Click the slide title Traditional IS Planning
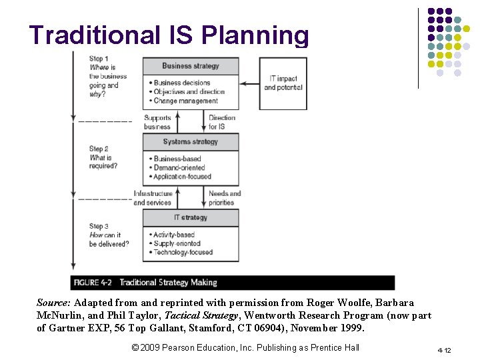point(169,35)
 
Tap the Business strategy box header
point(191,66)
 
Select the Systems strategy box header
point(191,142)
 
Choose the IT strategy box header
point(191,218)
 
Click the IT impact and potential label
point(283,83)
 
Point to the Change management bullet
point(185,101)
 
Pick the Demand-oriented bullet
point(179,168)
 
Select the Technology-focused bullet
point(183,253)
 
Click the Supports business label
point(157,122)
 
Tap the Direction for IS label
point(222,122)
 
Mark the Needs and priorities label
point(225,198)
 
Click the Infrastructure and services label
point(153,198)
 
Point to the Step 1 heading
point(99,59)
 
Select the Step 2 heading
point(99,149)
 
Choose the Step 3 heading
point(99,226)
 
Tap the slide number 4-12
point(445,350)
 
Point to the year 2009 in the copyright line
point(150,347)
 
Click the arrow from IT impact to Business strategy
point(251,83)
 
